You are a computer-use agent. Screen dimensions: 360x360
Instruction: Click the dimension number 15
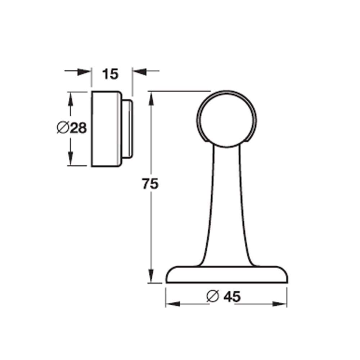point(110,74)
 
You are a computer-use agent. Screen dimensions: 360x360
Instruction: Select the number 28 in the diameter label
point(78,128)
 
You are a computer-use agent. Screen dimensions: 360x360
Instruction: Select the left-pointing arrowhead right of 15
point(140,71)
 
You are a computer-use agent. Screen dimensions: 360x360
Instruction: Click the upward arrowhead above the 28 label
point(71,99)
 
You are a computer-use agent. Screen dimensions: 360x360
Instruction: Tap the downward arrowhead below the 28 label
point(71,158)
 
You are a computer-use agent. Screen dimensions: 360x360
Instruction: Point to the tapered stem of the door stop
point(226,202)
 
